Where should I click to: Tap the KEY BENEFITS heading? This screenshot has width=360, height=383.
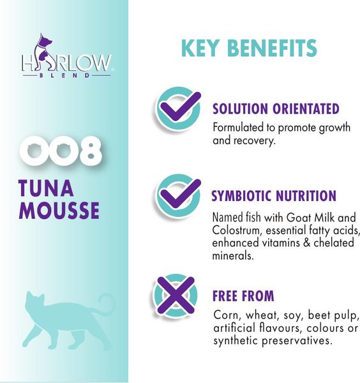click(248, 49)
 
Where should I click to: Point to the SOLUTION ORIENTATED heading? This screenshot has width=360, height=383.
click(275, 109)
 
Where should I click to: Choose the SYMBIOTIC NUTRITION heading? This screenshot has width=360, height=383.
click(273, 196)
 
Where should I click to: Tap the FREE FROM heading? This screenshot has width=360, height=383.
click(243, 296)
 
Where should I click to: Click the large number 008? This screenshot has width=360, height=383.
click(61, 153)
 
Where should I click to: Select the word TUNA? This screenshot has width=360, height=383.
click(47, 190)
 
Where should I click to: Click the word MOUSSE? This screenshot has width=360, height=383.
click(59, 211)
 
